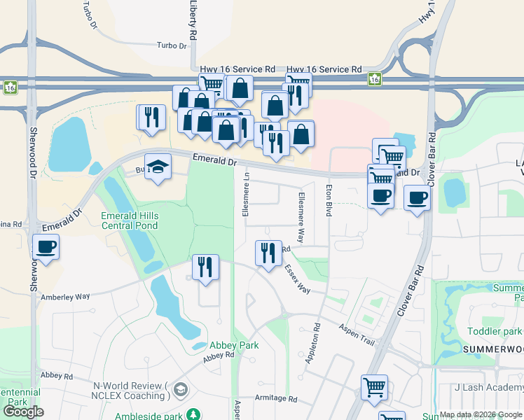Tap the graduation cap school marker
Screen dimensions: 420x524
(x=158, y=167)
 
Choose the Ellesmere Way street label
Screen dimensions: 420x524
(x=301, y=217)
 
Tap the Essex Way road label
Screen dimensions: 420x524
(x=297, y=278)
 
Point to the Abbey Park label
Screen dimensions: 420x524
(x=235, y=345)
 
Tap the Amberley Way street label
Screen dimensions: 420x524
(x=65, y=297)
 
